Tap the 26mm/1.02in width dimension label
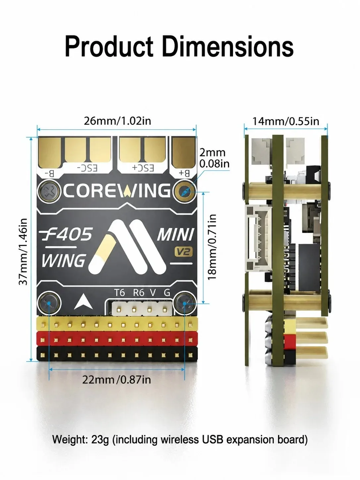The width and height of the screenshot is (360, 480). pos(117,121)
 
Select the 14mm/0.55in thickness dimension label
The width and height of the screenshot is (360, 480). pos(286,121)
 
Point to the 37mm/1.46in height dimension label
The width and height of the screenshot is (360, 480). pos(23,252)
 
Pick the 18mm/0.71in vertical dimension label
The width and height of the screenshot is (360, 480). pos(212,247)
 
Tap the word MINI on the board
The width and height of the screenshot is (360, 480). pos(175,235)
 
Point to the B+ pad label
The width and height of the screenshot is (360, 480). pos(184,173)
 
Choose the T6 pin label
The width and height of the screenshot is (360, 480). pos(120,293)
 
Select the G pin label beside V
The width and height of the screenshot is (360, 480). pos(167,293)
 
